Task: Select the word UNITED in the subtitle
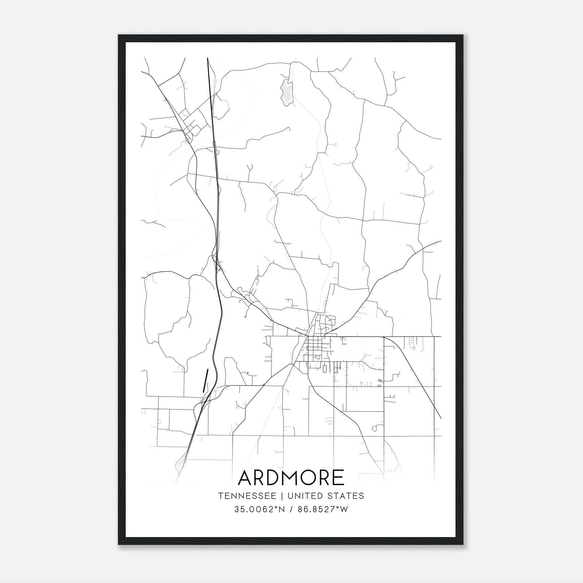[305, 496]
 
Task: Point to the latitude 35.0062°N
[259, 509]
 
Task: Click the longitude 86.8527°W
[323, 509]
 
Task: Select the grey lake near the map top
[287, 92]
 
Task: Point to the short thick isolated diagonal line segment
[206, 380]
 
